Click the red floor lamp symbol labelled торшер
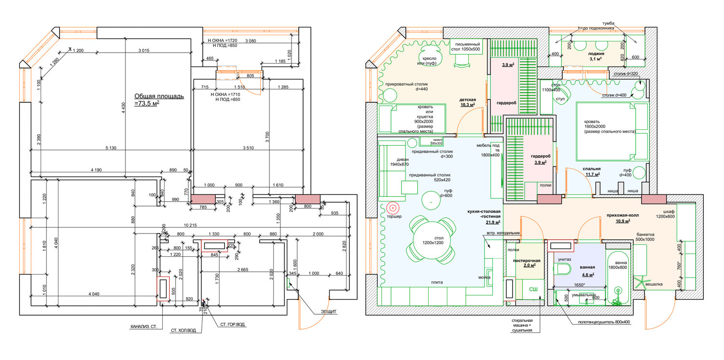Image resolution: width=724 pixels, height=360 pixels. click(x=393, y=208)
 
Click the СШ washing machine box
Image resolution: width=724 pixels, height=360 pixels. click(x=533, y=289)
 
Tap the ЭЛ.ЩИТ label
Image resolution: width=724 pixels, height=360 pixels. click(x=328, y=311)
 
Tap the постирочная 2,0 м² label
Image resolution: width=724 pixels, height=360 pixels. click(x=526, y=263)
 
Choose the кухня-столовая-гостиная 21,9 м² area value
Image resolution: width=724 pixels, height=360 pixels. click(x=492, y=222)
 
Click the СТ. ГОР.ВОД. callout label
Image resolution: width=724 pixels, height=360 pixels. click(x=233, y=325)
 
